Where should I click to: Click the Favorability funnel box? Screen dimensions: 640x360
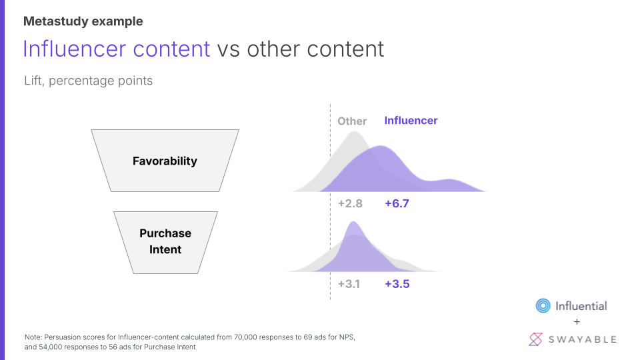[x=165, y=161]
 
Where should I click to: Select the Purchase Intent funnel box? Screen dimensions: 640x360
[x=165, y=243]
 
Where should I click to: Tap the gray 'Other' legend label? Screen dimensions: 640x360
[x=352, y=121]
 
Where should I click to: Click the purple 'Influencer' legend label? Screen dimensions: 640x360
[x=411, y=121]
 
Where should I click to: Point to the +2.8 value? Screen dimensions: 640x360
[x=350, y=203]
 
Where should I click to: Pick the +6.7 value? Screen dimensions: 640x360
[x=397, y=203]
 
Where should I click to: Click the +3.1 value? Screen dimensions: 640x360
[x=349, y=284]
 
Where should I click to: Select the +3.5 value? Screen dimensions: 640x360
[x=397, y=284]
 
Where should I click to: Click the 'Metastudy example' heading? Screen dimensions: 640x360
[x=83, y=21]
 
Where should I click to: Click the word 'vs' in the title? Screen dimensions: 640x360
[x=228, y=50]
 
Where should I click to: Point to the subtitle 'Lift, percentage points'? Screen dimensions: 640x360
[x=89, y=81]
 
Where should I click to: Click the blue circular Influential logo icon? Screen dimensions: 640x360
[x=543, y=306]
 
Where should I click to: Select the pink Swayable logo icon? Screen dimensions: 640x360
[x=535, y=339]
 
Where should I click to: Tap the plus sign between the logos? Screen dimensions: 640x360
[x=577, y=322]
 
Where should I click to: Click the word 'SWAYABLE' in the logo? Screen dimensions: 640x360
[x=583, y=339]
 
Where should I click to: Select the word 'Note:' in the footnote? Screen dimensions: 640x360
[x=33, y=337]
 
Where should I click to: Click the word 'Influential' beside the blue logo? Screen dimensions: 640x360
[x=581, y=306]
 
